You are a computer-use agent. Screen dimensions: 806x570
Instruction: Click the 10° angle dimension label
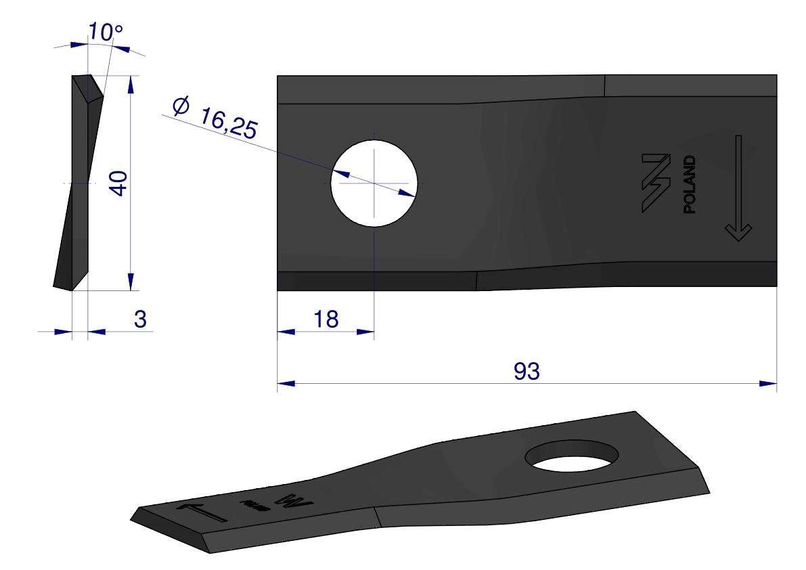pos(106,32)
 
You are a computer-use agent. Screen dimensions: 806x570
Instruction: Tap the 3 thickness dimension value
pos(140,319)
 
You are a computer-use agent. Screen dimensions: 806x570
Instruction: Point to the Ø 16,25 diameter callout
pos(215,118)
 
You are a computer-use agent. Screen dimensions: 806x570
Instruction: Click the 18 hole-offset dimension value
pos(326,319)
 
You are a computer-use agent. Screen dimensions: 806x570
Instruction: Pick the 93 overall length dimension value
pos(527,371)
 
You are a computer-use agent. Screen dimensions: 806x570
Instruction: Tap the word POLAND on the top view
pos(690,185)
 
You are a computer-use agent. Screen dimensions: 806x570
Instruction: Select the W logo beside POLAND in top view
pos(656,183)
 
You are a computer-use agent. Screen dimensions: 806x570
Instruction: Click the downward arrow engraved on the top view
pos(738,188)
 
